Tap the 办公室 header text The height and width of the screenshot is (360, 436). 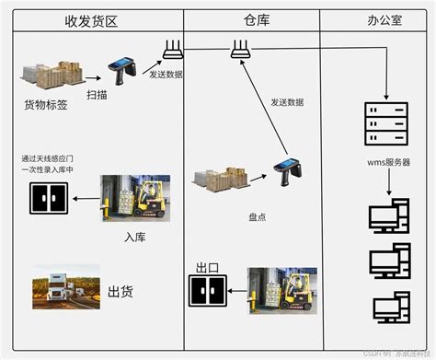coord(378,19)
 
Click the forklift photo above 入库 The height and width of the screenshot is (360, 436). coord(135,197)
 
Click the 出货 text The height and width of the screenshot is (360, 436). coord(120,292)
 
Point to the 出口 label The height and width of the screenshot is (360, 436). coord(207,267)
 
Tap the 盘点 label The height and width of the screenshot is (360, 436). coord(258,217)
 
